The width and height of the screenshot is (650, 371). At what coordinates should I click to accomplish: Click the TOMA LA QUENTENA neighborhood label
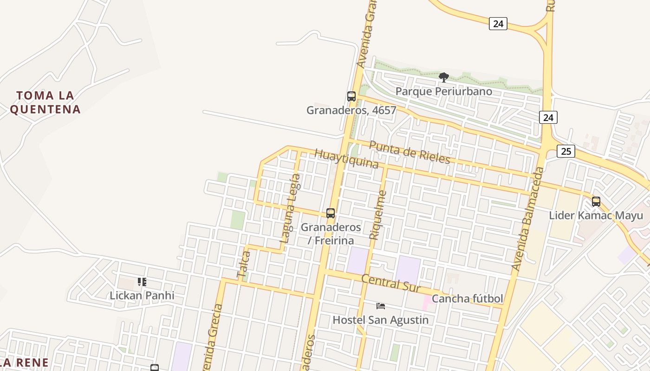coord(45,102)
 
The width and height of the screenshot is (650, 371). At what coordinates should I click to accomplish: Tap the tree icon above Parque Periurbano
coord(443,77)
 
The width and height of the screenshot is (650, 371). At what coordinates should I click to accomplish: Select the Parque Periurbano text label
coord(443,91)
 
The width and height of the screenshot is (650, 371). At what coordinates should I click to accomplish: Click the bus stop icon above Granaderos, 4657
coord(351,96)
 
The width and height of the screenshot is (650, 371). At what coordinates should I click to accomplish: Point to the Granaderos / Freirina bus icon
coord(331,213)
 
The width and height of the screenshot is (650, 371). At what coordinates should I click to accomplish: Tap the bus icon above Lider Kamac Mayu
coord(596,202)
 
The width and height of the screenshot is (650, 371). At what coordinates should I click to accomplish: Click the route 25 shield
coord(566,151)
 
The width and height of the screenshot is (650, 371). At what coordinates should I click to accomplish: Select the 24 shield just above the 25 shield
coord(548,117)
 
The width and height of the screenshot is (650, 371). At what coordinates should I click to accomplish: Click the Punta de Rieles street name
coord(409,152)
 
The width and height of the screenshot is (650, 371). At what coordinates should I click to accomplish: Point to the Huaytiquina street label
coord(346,159)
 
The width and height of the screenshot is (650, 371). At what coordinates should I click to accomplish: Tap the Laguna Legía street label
coord(290,208)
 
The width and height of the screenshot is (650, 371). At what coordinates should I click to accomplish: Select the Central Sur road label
coord(390,283)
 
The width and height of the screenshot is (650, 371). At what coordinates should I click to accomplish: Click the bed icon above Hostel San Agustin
coord(381,306)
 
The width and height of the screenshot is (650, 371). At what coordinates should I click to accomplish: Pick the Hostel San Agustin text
coord(381,320)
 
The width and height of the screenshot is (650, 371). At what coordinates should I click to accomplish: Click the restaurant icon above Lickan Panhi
coord(142,281)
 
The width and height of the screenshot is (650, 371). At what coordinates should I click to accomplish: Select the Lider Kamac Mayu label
coord(596,216)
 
